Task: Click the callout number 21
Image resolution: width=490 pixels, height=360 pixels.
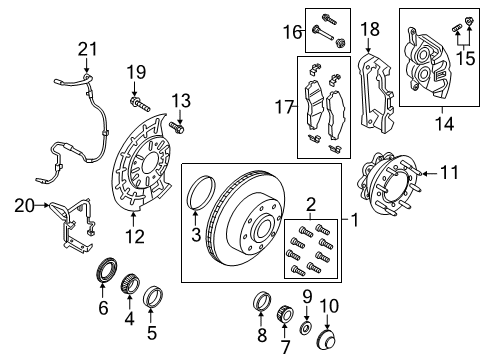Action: click(x=89, y=48)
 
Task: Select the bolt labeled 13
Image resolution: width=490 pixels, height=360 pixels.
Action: click(x=179, y=127)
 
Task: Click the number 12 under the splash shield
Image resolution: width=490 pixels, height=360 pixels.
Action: click(x=134, y=237)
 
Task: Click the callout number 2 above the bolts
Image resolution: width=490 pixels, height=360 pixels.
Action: click(x=310, y=202)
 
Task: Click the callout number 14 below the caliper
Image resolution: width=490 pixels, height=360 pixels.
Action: click(x=436, y=126)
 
